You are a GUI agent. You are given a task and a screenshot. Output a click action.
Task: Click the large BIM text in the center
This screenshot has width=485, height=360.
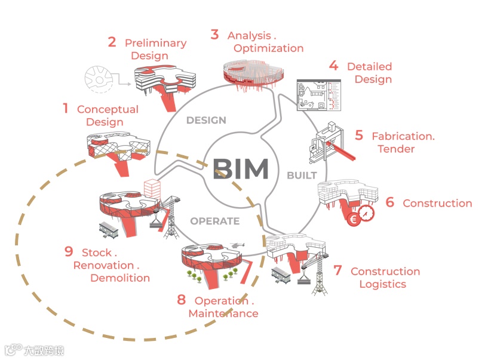click(241, 169)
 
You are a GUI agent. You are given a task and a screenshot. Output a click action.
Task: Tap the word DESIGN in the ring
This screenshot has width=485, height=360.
click(206, 120)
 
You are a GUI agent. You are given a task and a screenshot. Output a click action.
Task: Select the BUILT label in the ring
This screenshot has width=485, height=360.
click(302, 176)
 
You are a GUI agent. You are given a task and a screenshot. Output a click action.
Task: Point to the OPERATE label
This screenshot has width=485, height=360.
click(215, 221)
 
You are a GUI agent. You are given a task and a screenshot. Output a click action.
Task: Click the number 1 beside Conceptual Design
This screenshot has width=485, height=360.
click(66, 109)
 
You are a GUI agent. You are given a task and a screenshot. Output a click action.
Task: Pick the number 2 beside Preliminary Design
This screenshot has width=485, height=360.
click(112, 42)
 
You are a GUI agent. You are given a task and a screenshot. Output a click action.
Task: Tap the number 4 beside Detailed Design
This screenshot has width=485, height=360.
click(333, 66)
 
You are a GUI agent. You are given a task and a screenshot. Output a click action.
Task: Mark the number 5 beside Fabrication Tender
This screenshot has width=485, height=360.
click(358, 135)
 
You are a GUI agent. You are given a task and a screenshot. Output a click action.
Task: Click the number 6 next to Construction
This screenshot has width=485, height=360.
click(390, 202)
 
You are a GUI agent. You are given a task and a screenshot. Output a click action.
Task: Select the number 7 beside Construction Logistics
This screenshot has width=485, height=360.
click(337, 270)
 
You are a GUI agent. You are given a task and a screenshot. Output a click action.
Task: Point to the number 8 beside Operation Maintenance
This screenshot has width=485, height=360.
click(182, 300)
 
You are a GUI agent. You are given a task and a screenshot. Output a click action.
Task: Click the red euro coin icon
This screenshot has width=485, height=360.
click(352, 219)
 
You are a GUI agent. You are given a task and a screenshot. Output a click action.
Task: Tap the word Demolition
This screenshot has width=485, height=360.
click(120, 278)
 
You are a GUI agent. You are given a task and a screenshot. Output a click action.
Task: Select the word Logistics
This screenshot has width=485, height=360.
click(383, 284)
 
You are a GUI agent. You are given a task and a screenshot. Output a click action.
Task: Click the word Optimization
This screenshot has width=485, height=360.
click(269, 48)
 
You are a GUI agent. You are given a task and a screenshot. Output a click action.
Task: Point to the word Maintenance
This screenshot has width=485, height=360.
click(223, 313)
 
